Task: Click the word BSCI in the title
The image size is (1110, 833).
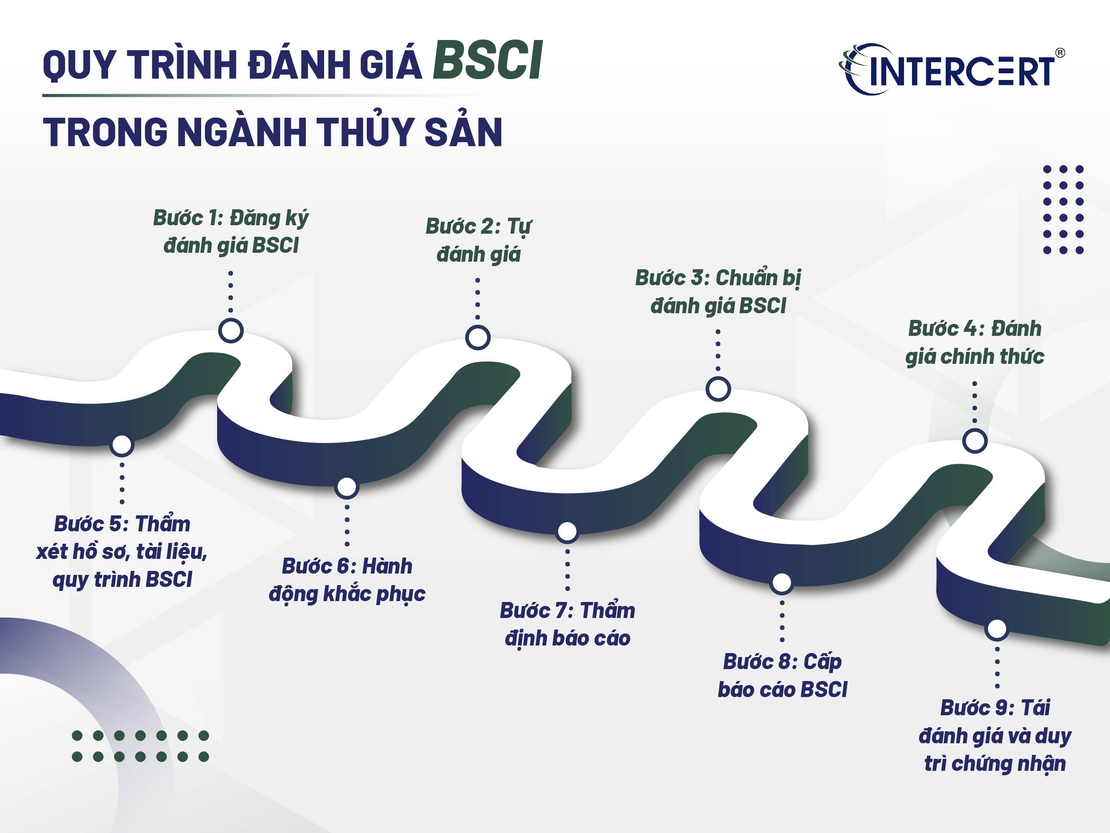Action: pos(487,61)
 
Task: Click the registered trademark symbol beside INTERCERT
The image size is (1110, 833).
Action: pos(1060,53)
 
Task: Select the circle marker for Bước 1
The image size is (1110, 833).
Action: pos(231,331)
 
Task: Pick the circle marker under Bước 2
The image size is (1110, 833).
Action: pos(478,337)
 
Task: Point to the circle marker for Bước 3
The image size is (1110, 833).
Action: pos(718,389)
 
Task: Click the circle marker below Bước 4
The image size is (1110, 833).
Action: pos(975,441)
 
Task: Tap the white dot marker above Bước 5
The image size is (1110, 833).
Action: pos(122,445)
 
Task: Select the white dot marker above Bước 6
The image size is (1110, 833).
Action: pos(347,486)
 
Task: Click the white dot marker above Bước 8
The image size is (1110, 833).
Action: pos(782,582)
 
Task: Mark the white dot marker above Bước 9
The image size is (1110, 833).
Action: pos(997,629)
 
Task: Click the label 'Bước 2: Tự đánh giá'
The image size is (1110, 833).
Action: pos(478,240)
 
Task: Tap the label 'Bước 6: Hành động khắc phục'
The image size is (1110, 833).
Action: pos(347,580)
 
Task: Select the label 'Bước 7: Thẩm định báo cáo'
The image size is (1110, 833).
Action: pos(567,624)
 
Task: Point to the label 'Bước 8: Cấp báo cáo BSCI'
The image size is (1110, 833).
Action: pos(782,675)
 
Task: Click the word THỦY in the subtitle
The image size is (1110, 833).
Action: pos(366,132)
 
